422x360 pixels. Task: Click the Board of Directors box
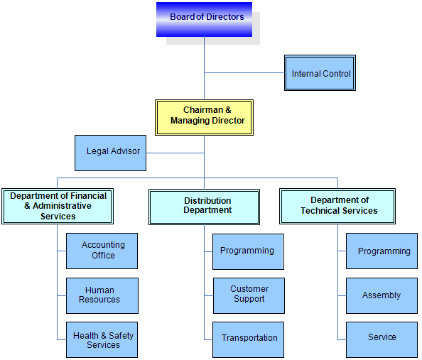(205, 19)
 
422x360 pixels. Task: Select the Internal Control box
(320, 73)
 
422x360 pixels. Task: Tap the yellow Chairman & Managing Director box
(205, 118)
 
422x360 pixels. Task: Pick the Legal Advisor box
(111, 153)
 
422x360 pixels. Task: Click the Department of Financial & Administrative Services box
(58, 207)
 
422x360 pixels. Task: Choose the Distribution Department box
(205, 207)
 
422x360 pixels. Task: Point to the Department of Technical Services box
(337, 207)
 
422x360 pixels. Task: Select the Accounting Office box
(102, 251)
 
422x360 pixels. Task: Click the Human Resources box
(102, 295)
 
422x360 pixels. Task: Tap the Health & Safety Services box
(102, 339)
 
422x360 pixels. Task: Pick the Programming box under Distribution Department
(248, 251)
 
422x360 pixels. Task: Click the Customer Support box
(249, 295)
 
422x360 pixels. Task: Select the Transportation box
(248, 339)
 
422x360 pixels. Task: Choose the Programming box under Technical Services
(382, 251)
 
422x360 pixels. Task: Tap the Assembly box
(382, 295)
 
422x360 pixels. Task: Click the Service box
(382, 339)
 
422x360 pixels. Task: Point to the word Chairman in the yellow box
(203, 110)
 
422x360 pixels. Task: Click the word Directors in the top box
(225, 16)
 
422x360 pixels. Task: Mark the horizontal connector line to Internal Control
(244, 72)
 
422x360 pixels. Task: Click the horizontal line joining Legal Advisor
(175, 153)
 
